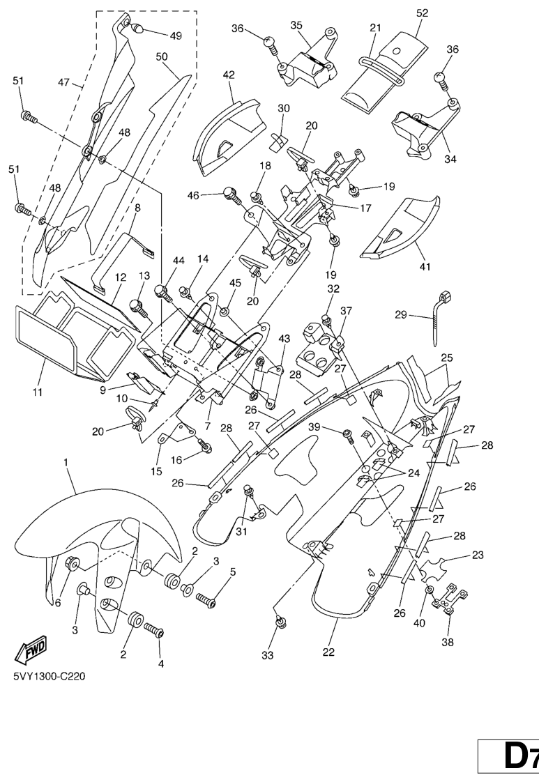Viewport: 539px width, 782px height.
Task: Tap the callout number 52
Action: coord(422,13)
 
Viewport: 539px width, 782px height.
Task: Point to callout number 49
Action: coord(176,36)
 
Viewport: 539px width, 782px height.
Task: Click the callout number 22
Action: coord(328,652)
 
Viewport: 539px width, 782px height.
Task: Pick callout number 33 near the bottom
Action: coord(268,655)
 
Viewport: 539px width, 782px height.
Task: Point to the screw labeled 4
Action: coord(153,631)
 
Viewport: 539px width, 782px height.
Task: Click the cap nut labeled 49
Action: coord(137,29)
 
